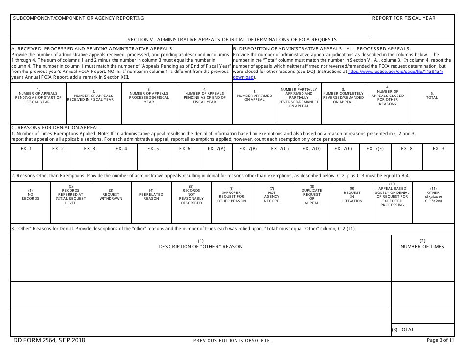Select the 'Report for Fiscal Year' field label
coord(403,18)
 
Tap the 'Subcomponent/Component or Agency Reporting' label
coord(78,18)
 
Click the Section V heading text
coord(232,40)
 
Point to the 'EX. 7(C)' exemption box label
coord(279,149)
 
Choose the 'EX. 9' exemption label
coord(438,149)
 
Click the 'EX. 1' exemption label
coord(26,149)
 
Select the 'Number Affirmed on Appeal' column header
coord(255,97)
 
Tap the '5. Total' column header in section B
coord(432,96)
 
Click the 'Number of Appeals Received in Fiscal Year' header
coord(93,97)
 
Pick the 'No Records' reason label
coord(30,194)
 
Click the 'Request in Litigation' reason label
coord(352,197)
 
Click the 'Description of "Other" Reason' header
coord(201,244)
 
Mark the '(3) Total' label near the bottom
coord(403,330)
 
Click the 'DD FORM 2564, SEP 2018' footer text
coord(49,340)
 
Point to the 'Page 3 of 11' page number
coord(440,340)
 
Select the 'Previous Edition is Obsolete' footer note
coord(232,341)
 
